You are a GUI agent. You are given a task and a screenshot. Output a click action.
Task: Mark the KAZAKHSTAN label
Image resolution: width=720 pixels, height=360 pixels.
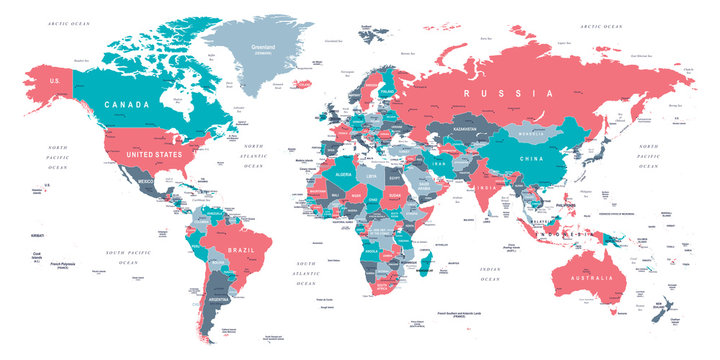click(x=465, y=130)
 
